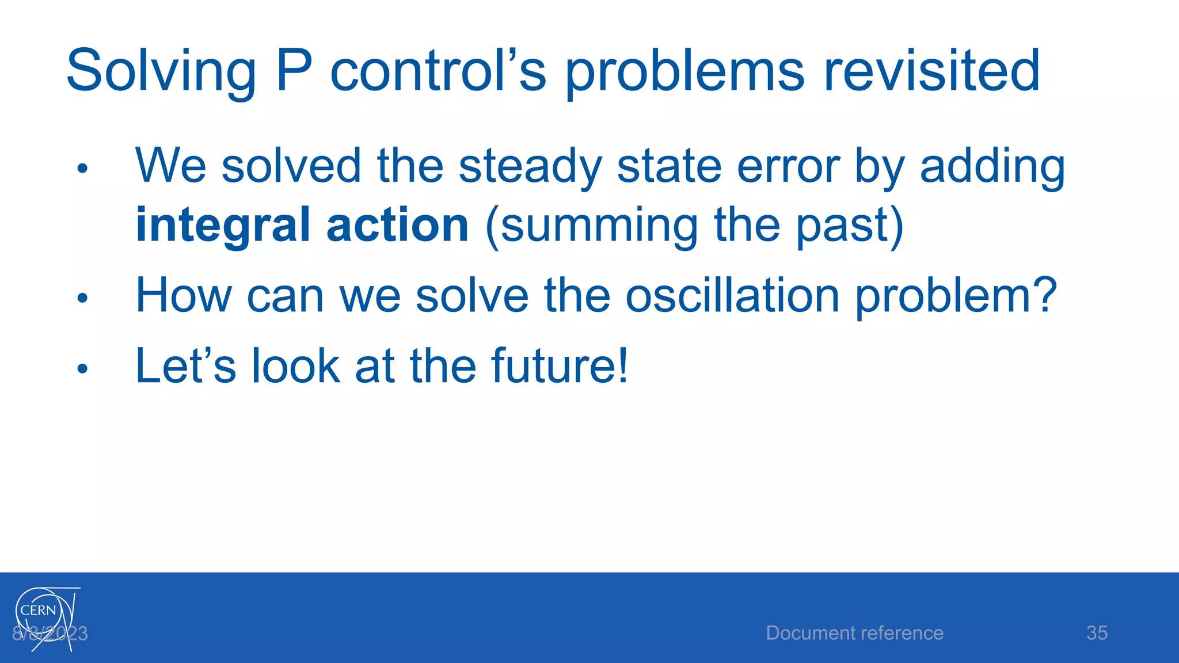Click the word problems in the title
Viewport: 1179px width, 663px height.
[x=684, y=71]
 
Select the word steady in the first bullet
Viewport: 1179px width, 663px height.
[x=530, y=167]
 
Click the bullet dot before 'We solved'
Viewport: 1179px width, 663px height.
[x=82, y=169]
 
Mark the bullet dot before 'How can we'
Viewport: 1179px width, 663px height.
[x=82, y=298]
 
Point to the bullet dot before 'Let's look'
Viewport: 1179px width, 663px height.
[x=82, y=368]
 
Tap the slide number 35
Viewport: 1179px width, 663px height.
[x=1097, y=632]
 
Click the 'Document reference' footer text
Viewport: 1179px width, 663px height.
[x=854, y=632]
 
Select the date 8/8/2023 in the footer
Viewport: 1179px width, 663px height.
[x=50, y=634]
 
